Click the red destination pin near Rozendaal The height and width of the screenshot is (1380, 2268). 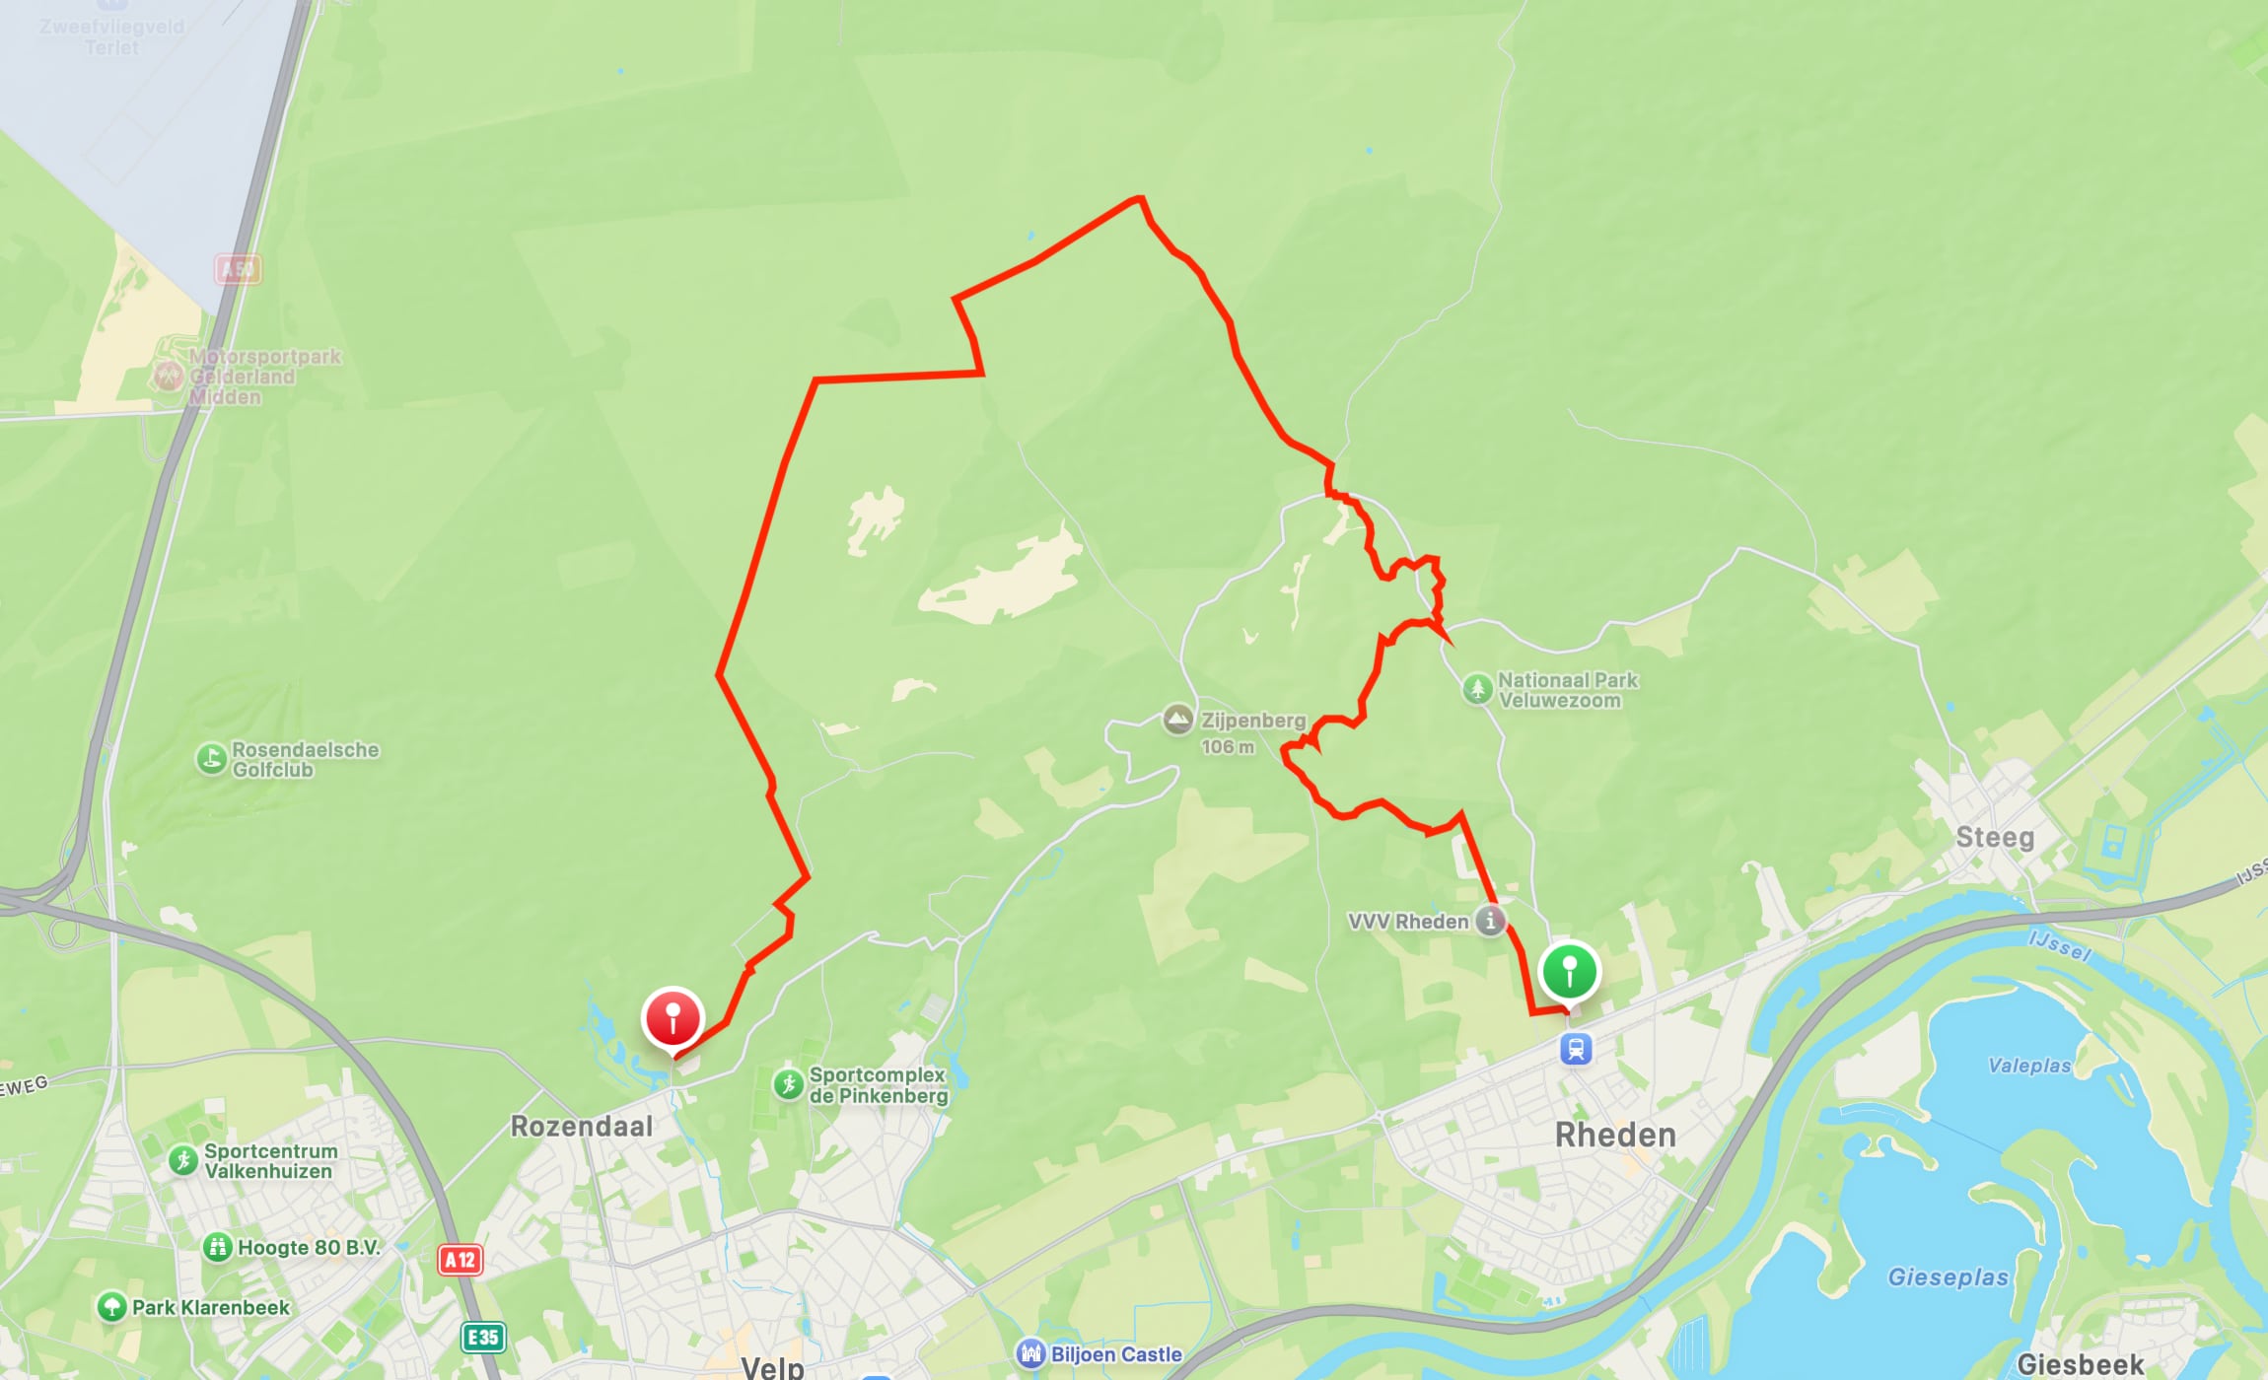point(673,1018)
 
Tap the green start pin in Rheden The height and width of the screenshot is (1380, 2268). point(1569,971)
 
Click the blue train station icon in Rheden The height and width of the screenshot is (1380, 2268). point(1576,1049)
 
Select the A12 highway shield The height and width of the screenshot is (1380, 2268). point(460,1259)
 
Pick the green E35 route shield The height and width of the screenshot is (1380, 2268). point(483,1337)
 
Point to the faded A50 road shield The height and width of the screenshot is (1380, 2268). point(238,269)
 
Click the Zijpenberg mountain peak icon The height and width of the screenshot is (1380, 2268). point(1177,720)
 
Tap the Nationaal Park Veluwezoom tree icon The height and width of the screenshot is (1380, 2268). point(1476,688)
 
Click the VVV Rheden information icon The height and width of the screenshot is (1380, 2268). point(1490,921)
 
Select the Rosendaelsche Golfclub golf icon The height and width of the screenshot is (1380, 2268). point(211,759)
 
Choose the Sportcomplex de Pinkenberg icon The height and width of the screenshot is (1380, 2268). point(788,1084)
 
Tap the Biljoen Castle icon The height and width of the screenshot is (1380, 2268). point(1030,1353)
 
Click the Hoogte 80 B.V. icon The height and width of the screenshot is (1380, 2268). point(217,1247)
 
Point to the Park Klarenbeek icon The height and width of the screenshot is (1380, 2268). point(111,1307)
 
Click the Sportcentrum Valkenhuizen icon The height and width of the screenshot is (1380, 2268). point(183,1160)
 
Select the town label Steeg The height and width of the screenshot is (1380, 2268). point(1995,837)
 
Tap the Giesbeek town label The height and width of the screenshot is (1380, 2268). point(2081,1364)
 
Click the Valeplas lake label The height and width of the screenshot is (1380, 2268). point(2029,1065)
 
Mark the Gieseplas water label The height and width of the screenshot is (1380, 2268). point(1948,1276)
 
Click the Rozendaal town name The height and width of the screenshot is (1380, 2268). point(581,1126)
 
